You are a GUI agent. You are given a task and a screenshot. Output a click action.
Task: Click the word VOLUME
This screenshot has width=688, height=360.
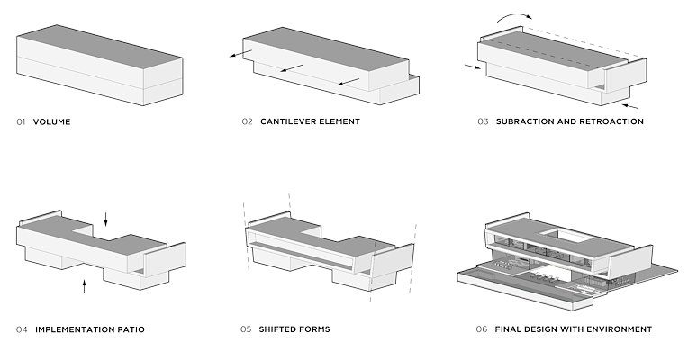(x=51, y=121)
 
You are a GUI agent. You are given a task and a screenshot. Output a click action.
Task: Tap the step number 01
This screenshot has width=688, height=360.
(x=22, y=121)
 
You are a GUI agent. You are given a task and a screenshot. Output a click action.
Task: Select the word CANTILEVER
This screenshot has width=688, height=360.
(x=294, y=121)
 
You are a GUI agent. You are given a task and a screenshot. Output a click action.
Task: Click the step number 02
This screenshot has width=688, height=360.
(x=247, y=121)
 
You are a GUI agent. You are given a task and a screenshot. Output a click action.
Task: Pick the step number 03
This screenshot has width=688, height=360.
(x=483, y=121)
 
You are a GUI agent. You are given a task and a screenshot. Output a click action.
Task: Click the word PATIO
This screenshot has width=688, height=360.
(x=129, y=329)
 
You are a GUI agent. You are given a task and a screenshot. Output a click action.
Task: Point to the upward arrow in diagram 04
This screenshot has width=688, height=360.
(x=85, y=287)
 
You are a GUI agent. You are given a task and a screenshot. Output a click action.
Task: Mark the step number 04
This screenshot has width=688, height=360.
(x=22, y=329)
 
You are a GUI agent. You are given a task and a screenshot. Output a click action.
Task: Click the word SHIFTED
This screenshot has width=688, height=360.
(x=278, y=329)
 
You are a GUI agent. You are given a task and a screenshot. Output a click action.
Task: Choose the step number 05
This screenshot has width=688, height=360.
(x=246, y=329)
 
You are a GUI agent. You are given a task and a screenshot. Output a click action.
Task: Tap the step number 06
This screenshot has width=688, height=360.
(x=482, y=329)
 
